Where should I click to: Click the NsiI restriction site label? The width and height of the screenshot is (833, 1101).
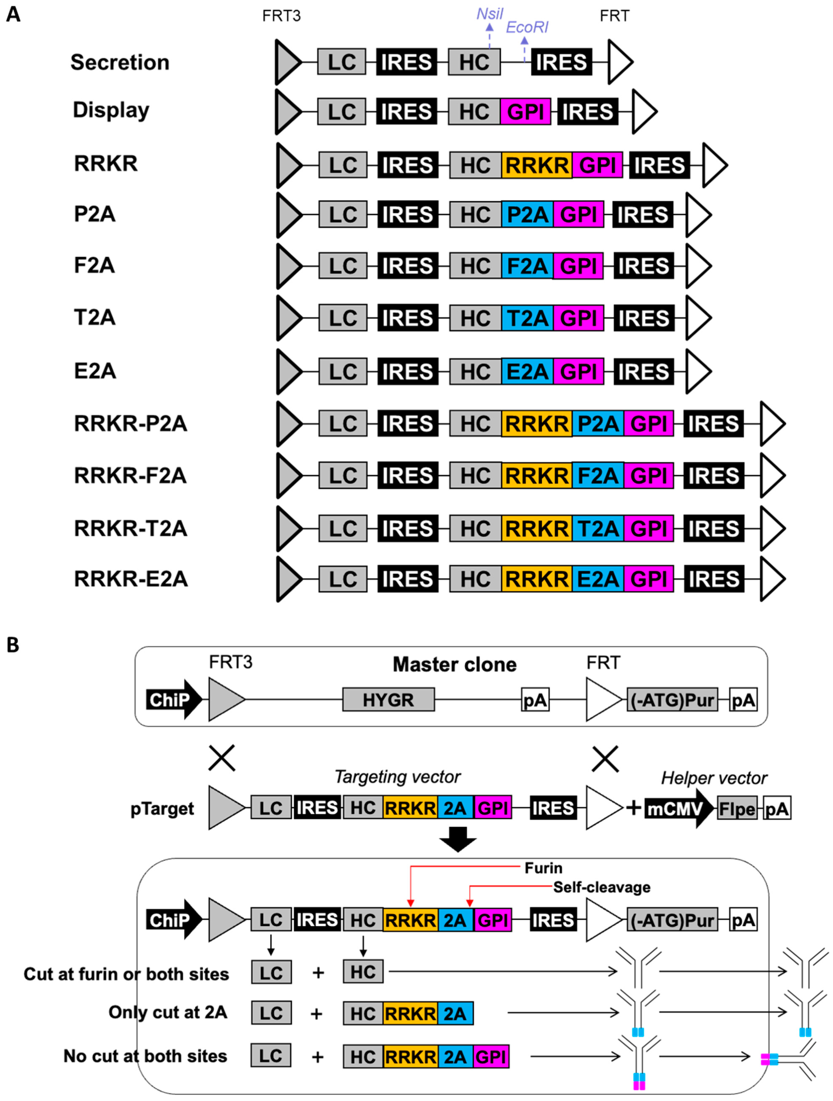pyautogui.click(x=490, y=14)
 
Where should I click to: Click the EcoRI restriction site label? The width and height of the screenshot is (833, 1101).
pyautogui.click(x=527, y=27)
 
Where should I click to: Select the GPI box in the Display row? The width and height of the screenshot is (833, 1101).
pyautogui.click(x=525, y=112)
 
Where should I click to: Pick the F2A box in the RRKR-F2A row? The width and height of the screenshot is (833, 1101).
pyautogui.click(x=598, y=475)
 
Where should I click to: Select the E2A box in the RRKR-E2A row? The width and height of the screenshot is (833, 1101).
pyautogui.click(x=598, y=579)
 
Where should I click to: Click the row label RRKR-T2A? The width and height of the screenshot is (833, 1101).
pyautogui.click(x=130, y=528)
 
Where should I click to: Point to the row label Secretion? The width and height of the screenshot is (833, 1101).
pyautogui.click(x=120, y=62)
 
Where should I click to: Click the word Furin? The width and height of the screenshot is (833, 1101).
pyautogui.click(x=543, y=868)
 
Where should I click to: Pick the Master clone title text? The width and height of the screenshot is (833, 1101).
pyautogui.click(x=454, y=664)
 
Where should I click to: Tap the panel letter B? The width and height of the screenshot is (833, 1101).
pyautogui.click(x=13, y=645)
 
